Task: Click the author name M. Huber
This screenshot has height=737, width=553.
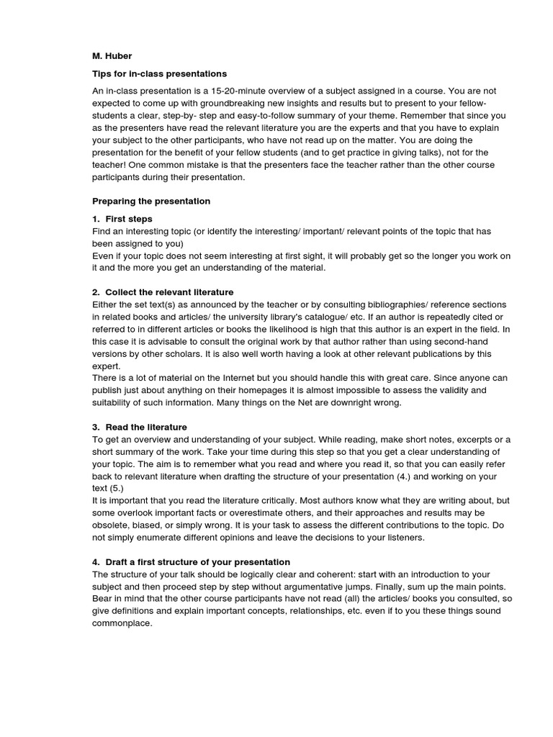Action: pyautogui.click(x=112, y=55)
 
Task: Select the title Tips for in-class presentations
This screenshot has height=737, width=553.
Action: pyautogui.click(x=159, y=73)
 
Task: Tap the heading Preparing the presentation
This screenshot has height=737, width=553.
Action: pyautogui.click(x=151, y=201)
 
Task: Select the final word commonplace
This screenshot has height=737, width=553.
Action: pyautogui.click(x=122, y=623)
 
